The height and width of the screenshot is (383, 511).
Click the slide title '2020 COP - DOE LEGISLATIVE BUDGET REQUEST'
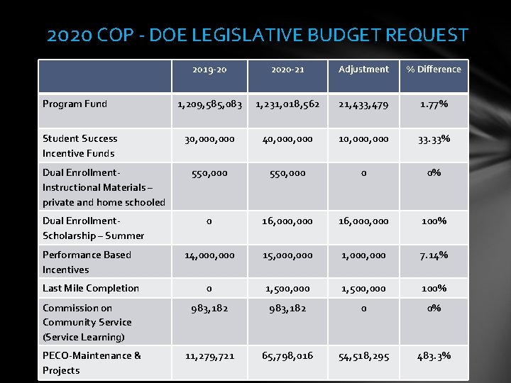coord(257,35)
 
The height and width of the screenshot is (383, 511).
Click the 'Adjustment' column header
coord(363,70)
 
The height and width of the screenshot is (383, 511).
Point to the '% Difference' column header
coord(433,70)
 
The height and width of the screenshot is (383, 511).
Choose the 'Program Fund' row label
coord(75,104)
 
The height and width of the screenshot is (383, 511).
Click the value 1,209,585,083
coord(209,104)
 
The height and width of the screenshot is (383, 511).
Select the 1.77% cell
coord(433,104)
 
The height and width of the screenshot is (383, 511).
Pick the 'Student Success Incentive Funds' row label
coord(79,145)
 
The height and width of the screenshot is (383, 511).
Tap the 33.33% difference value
coord(433,139)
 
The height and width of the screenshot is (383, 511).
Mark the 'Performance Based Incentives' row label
coord(87,262)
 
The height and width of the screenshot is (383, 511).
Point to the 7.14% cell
coord(433,255)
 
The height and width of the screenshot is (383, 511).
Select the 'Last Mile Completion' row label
coord(91,288)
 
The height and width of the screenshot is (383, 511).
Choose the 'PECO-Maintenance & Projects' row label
coord(92,362)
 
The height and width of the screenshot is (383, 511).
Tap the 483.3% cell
coord(433,356)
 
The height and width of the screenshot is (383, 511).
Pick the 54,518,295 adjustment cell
coord(363,356)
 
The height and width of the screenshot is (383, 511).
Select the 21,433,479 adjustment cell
coord(363,104)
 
